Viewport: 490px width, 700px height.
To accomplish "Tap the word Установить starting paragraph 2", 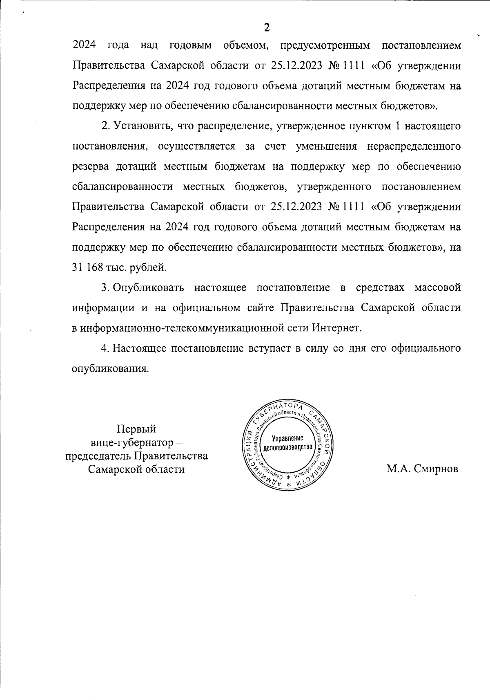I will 139,126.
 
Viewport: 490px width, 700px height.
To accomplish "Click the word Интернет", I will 337,328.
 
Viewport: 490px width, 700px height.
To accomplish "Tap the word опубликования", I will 109,368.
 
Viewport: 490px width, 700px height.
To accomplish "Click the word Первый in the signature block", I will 136,429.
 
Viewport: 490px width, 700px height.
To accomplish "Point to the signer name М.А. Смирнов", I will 422,469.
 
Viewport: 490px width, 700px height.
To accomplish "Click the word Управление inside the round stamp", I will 287,438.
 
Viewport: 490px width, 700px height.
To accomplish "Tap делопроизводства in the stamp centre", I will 287,447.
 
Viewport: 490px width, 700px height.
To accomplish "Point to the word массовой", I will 438,288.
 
